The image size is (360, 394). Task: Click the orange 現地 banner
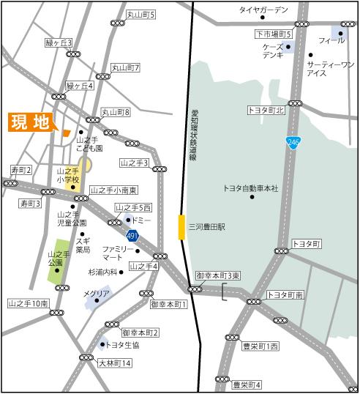[x=29, y=122]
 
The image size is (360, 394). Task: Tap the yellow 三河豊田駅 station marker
[x=181, y=227]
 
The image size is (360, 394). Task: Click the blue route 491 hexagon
[x=132, y=236]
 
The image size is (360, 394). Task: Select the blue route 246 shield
[x=293, y=142]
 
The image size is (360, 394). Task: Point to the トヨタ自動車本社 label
[x=251, y=188]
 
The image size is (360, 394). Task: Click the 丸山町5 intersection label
[x=140, y=14]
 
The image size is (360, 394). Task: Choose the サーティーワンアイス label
[x=331, y=68]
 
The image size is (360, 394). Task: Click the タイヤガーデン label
[x=263, y=10]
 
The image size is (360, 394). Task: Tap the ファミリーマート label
[x=117, y=253]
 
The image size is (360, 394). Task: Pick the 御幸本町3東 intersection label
[x=218, y=275]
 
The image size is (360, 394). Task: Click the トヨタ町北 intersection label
[x=266, y=109]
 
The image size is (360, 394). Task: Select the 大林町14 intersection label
[x=115, y=363]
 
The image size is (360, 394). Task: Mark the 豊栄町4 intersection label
[x=247, y=384]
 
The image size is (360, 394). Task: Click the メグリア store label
[x=95, y=293]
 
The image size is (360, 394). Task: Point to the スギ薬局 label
[x=82, y=245]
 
